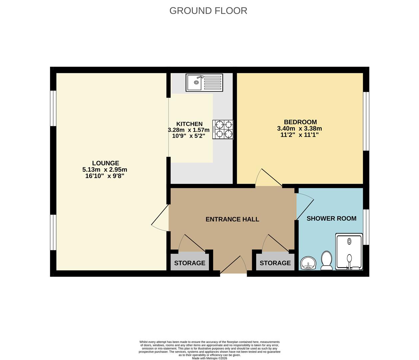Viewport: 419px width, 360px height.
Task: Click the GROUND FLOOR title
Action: tap(208, 11)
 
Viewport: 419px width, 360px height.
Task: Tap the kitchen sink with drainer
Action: tap(204, 82)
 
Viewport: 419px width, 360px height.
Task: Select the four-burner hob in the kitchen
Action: tap(223, 129)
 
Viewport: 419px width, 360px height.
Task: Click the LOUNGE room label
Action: tap(106, 163)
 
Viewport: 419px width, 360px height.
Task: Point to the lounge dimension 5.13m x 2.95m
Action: tap(105, 169)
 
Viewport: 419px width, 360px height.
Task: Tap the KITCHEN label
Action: tap(189, 124)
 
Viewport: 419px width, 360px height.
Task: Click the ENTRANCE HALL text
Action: tap(232, 219)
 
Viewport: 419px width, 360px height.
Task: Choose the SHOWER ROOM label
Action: tap(331, 218)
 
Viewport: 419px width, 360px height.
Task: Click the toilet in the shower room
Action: tap(326, 261)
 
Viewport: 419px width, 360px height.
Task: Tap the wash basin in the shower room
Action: tap(308, 263)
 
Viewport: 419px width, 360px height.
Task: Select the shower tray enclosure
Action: tap(349, 251)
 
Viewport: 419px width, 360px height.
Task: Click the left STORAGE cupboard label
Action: tap(190, 263)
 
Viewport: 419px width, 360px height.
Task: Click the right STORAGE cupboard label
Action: tap(275, 263)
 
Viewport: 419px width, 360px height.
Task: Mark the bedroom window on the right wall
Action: tap(366, 121)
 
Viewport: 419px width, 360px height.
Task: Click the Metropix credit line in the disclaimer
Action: tap(209, 358)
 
